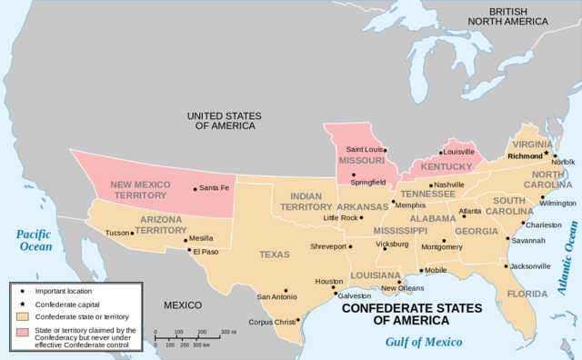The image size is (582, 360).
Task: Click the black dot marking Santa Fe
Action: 195,189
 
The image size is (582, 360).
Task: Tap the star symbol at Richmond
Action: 547,154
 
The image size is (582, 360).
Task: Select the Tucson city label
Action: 117,233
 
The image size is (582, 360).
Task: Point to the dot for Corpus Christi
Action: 297,319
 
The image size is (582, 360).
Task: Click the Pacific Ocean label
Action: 37,240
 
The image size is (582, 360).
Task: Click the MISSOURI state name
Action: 361,161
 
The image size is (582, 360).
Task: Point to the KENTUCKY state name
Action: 446,167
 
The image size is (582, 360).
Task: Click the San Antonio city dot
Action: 286,289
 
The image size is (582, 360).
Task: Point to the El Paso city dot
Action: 190,250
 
